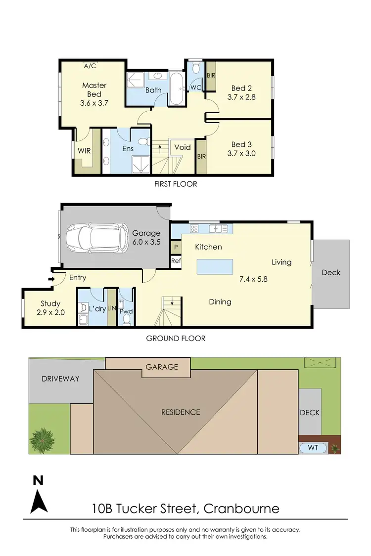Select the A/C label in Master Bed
[x=90, y=66]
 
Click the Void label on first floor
[x=183, y=147]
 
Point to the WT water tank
[x=314, y=448]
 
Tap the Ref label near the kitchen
[x=175, y=261]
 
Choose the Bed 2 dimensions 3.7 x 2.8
[x=241, y=97]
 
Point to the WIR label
[x=84, y=151]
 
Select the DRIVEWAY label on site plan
[x=60, y=379]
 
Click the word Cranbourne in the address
[x=241, y=508]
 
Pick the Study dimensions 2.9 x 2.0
[x=50, y=312]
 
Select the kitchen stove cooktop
[x=194, y=229]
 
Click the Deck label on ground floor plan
[x=330, y=272]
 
